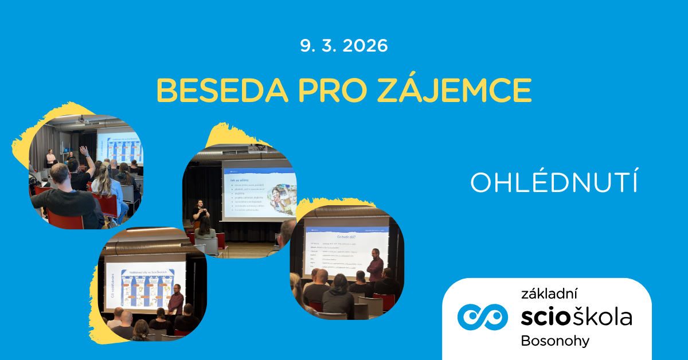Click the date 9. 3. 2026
coord(344,46)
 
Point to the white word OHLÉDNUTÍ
coord(554,182)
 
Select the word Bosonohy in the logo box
coord(554,341)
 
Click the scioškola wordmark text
coord(576,316)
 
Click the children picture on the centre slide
coord(281,198)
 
